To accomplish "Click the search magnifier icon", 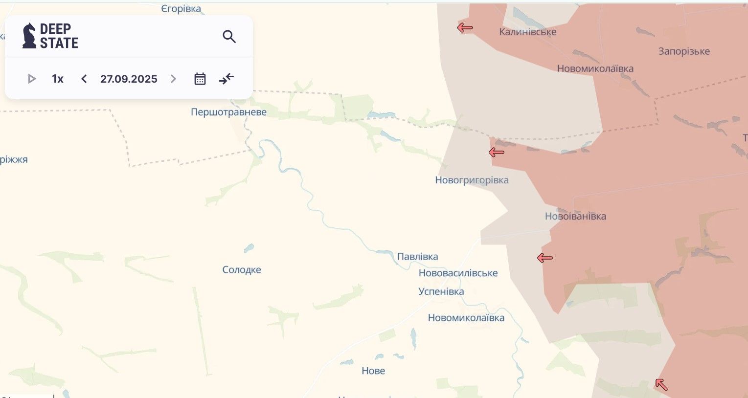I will point(229,37).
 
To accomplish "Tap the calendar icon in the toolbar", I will point(200,79).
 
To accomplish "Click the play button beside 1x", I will point(32,79).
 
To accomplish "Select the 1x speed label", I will point(58,79).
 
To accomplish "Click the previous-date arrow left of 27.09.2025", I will point(84,79).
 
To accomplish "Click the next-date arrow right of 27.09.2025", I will point(173,79).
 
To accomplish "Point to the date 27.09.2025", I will point(129,79).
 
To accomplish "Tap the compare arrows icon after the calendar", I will point(227,79).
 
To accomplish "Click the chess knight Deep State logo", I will point(29,36).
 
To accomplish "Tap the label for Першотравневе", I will point(228,112).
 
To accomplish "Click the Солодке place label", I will point(242,269).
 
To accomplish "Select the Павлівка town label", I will point(417,257).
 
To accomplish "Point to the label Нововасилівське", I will point(458,273).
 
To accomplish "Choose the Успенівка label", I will point(441,291).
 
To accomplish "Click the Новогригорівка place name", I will point(472,180).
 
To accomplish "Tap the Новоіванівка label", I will point(575,216).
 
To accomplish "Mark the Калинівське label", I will point(527,32).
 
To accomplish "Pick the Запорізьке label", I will point(684,51).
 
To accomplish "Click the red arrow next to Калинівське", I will point(465,28).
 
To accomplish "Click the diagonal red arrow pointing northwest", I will point(661,384).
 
